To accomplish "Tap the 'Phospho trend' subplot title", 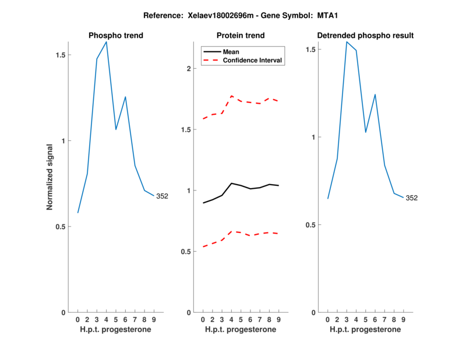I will (115, 36).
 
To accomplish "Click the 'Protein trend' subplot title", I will (241, 36).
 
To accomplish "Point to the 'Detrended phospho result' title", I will (365, 36).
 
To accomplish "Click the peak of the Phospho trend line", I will (106, 42).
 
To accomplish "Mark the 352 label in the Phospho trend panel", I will (162, 196).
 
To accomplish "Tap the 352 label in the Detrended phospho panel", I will (411, 198).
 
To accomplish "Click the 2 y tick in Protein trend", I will (188, 69).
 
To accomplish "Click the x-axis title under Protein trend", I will (241, 330).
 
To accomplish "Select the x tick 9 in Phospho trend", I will (154, 319).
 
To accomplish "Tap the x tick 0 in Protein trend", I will (203, 319).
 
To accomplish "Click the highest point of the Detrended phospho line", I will (347, 42).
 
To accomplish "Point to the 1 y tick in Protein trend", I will (188, 190).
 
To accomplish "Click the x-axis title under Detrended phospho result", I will (365, 330).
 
